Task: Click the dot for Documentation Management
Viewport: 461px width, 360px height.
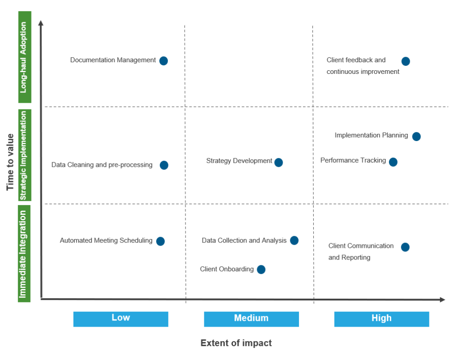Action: (x=163, y=61)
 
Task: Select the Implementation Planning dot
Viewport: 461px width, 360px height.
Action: (x=416, y=136)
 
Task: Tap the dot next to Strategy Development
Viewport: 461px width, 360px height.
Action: (x=279, y=162)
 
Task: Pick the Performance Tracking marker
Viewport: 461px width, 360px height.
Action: (x=393, y=162)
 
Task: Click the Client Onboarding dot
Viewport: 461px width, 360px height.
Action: (x=261, y=269)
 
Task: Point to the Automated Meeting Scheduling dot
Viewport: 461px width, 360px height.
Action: (x=160, y=241)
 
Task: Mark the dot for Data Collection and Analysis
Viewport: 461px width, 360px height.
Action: (x=294, y=240)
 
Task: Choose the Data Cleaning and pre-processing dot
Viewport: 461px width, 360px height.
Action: (x=164, y=165)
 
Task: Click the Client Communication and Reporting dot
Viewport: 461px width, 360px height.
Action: (x=405, y=247)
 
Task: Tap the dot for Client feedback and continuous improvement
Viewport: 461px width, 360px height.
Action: (x=406, y=61)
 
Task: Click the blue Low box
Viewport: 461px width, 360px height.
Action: (x=121, y=319)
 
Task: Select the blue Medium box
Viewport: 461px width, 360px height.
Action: (x=251, y=319)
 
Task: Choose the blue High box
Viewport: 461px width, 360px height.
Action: (x=381, y=319)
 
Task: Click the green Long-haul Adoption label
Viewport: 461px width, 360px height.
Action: (x=25, y=57)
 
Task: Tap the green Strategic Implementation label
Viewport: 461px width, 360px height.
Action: (x=25, y=155)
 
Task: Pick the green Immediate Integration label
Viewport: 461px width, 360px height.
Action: (x=25, y=253)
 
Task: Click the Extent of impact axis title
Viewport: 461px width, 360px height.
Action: (x=236, y=343)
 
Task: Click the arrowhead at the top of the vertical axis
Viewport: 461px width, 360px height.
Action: (x=41, y=23)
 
